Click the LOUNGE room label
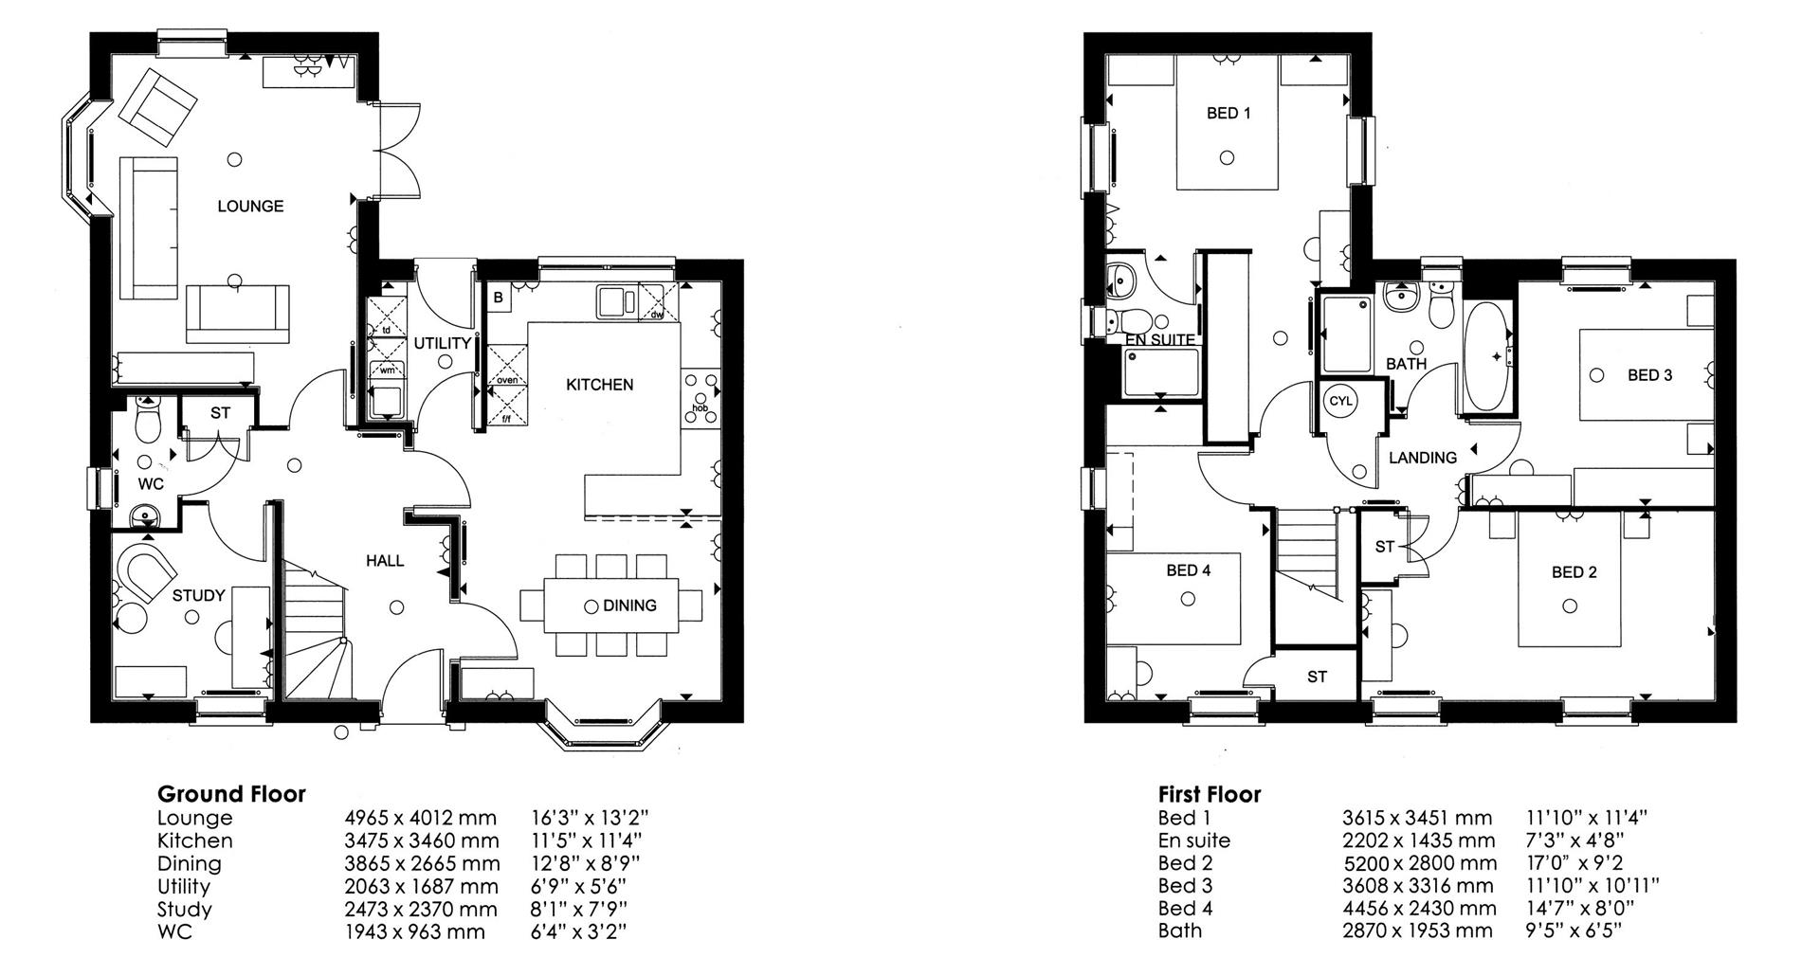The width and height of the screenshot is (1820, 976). [250, 206]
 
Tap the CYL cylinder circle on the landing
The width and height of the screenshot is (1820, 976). [1340, 401]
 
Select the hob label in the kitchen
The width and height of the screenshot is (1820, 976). [700, 408]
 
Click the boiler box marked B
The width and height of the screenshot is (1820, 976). [498, 298]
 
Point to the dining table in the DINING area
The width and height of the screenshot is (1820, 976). [610, 605]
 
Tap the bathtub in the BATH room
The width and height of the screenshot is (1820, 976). [1487, 357]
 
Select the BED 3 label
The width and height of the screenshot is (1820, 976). [1649, 375]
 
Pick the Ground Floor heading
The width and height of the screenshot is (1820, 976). [231, 794]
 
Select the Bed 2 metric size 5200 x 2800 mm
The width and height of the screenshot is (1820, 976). [1420, 863]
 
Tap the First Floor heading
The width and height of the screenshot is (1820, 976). [1210, 794]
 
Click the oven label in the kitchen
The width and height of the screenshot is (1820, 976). [508, 381]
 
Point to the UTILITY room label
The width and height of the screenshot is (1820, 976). [442, 343]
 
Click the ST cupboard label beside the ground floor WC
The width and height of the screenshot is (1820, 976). [220, 413]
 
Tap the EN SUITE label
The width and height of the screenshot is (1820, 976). [1159, 340]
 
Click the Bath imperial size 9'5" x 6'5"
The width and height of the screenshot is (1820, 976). [1574, 931]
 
